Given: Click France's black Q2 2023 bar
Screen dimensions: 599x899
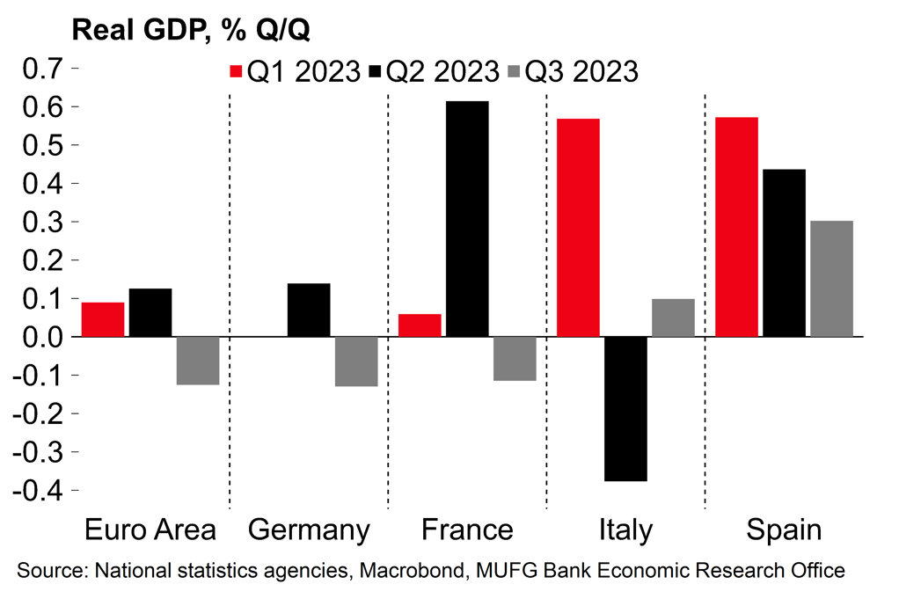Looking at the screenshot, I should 467,219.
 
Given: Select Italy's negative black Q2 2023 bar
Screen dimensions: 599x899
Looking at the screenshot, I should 625,409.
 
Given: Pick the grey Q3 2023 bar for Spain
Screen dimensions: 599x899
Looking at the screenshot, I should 831,279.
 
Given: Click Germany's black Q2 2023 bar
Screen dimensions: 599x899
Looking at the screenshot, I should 309,310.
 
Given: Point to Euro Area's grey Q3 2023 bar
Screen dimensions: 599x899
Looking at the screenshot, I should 198,361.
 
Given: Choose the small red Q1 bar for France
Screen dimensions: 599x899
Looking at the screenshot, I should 420,325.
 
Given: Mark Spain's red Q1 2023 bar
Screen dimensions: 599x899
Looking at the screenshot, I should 736,227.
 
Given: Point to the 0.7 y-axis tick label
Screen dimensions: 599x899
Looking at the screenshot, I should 41,68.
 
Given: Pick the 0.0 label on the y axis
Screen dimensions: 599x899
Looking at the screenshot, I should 41,337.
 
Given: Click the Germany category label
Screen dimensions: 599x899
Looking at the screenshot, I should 309,530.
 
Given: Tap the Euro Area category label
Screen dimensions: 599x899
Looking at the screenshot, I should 150,530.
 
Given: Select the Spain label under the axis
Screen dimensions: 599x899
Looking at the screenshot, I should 784,530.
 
